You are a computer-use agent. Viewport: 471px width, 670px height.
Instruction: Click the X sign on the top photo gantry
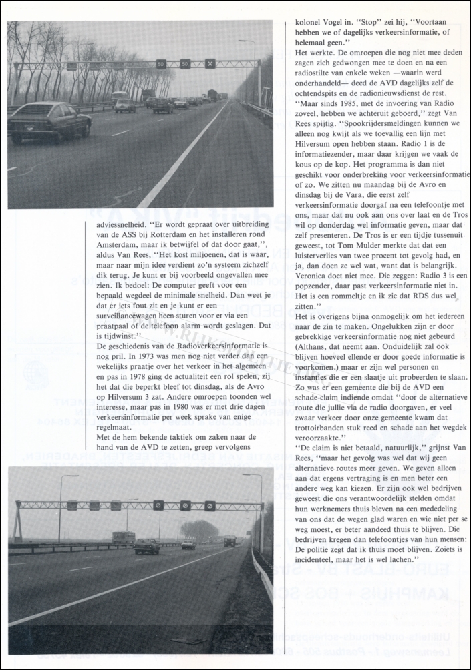210,64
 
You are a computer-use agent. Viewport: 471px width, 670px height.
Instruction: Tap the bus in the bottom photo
123,537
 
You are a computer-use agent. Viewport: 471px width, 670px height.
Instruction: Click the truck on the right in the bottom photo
230,541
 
